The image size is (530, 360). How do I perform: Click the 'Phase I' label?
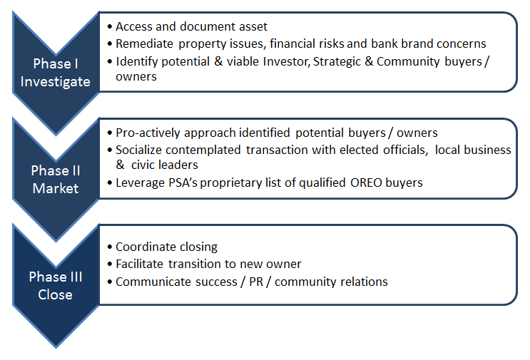(x=56, y=63)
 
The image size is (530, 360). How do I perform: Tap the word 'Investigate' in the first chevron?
(x=56, y=82)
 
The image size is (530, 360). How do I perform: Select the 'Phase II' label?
(x=56, y=170)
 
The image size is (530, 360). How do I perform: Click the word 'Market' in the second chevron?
(x=56, y=188)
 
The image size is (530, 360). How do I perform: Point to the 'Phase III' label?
(x=56, y=277)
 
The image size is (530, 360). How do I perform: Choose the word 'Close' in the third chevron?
(x=56, y=294)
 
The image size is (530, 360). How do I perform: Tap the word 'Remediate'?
(x=144, y=43)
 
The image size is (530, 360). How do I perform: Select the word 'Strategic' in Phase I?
(x=337, y=61)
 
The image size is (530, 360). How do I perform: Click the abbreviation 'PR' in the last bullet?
(x=256, y=282)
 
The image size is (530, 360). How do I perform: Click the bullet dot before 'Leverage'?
(x=110, y=183)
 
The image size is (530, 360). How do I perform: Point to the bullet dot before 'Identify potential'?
(x=110, y=62)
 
